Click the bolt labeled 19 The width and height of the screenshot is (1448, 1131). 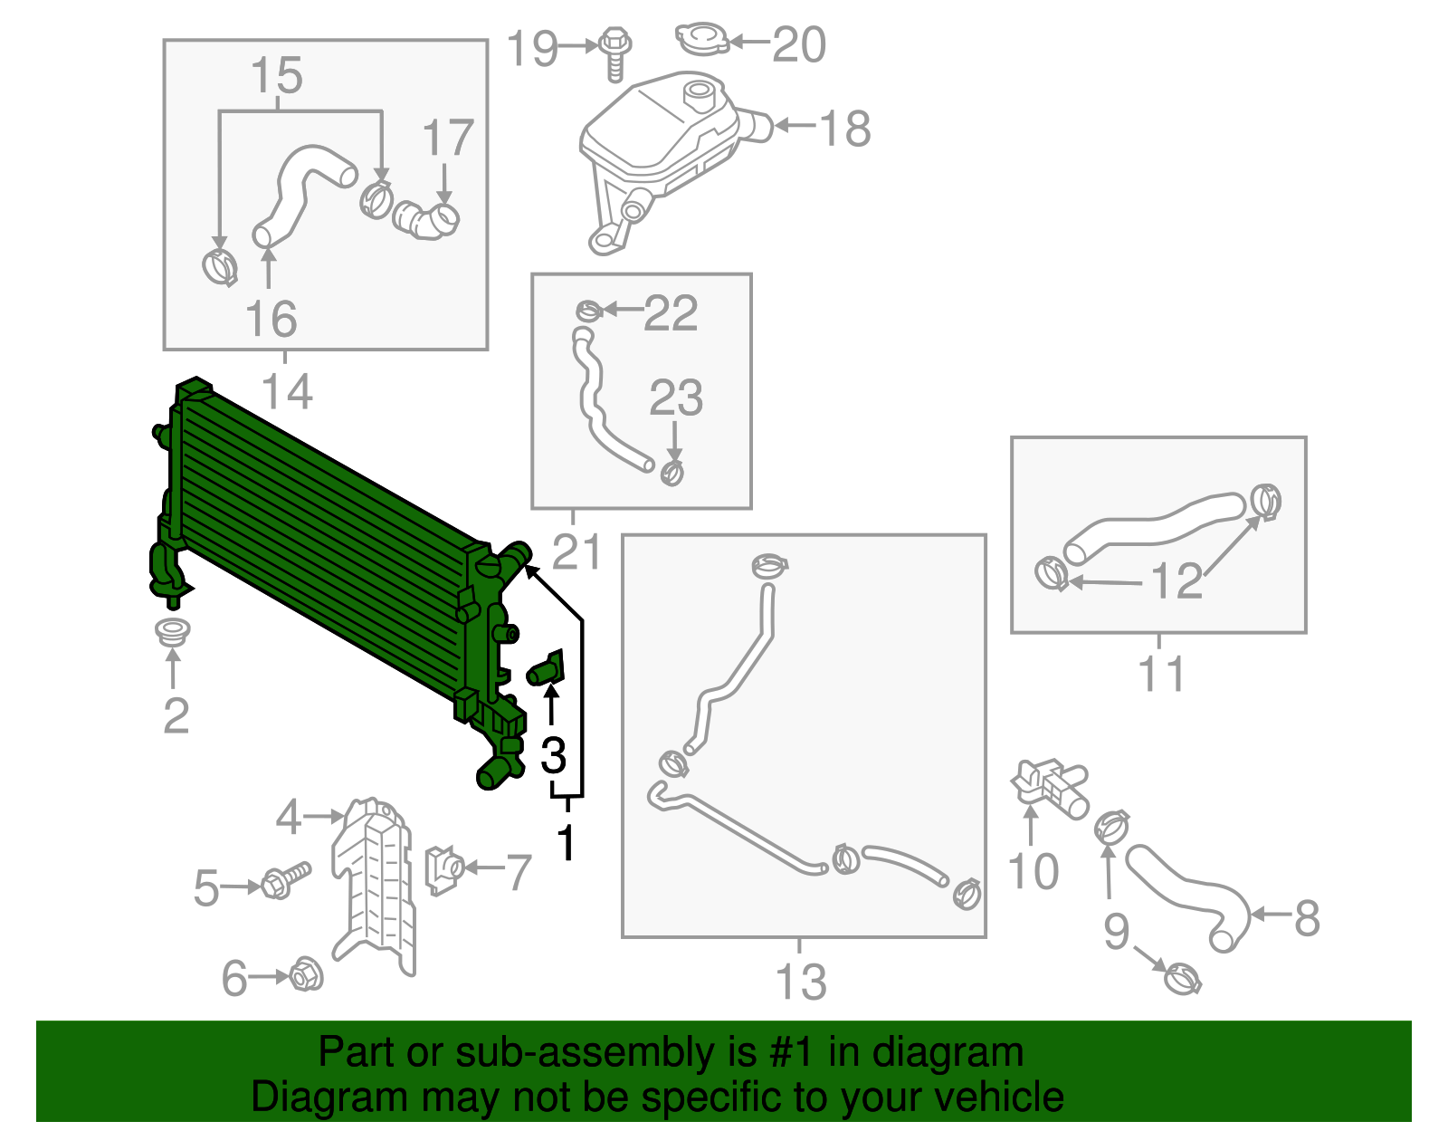[x=615, y=52]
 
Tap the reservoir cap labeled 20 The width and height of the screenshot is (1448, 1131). [x=701, y=39]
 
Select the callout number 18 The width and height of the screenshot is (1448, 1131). [x=845, y=128]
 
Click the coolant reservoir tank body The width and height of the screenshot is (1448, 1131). [x=656, y=136]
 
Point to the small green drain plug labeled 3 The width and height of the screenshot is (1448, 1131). [x=547, y=671]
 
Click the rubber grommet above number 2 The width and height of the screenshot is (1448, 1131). [x=172, y=631]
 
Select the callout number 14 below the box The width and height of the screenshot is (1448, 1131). [x=286, y=391]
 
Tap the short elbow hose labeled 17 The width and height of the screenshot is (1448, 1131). [x=426, y=220]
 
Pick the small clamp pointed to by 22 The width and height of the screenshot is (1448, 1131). [x=588, y=311]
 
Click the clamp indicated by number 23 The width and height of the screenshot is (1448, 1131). [x=672, y=472]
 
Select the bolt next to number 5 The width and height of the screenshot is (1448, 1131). [x=285, y=879]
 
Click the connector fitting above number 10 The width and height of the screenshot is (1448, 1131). [x=1050, y=784]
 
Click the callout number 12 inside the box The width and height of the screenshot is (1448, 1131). [x=1176, y=580]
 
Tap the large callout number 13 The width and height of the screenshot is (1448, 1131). [x=801, y=982]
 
